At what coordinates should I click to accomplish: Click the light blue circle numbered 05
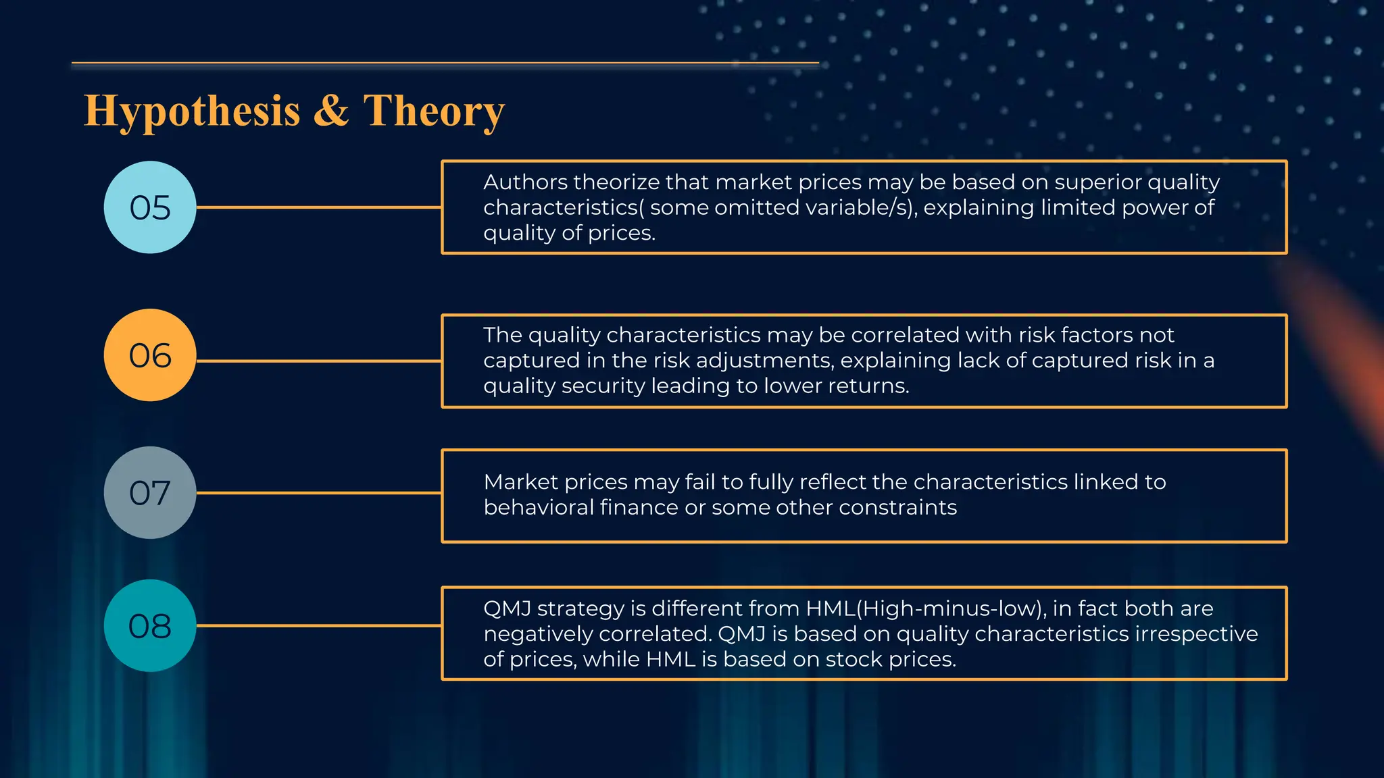(150, 207)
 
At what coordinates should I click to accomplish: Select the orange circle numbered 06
(150, 355)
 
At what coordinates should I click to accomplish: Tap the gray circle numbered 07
(150, 493)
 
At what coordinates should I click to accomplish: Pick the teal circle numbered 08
(150, 626)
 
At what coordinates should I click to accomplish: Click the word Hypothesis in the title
(192, 111)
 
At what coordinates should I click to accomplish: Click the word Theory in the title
(434, 111)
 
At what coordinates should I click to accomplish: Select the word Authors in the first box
(525, 182)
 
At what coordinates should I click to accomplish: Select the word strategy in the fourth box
(580, 609)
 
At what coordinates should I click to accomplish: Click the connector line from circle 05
(318, 207)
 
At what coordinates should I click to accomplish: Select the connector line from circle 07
(318, 493)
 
